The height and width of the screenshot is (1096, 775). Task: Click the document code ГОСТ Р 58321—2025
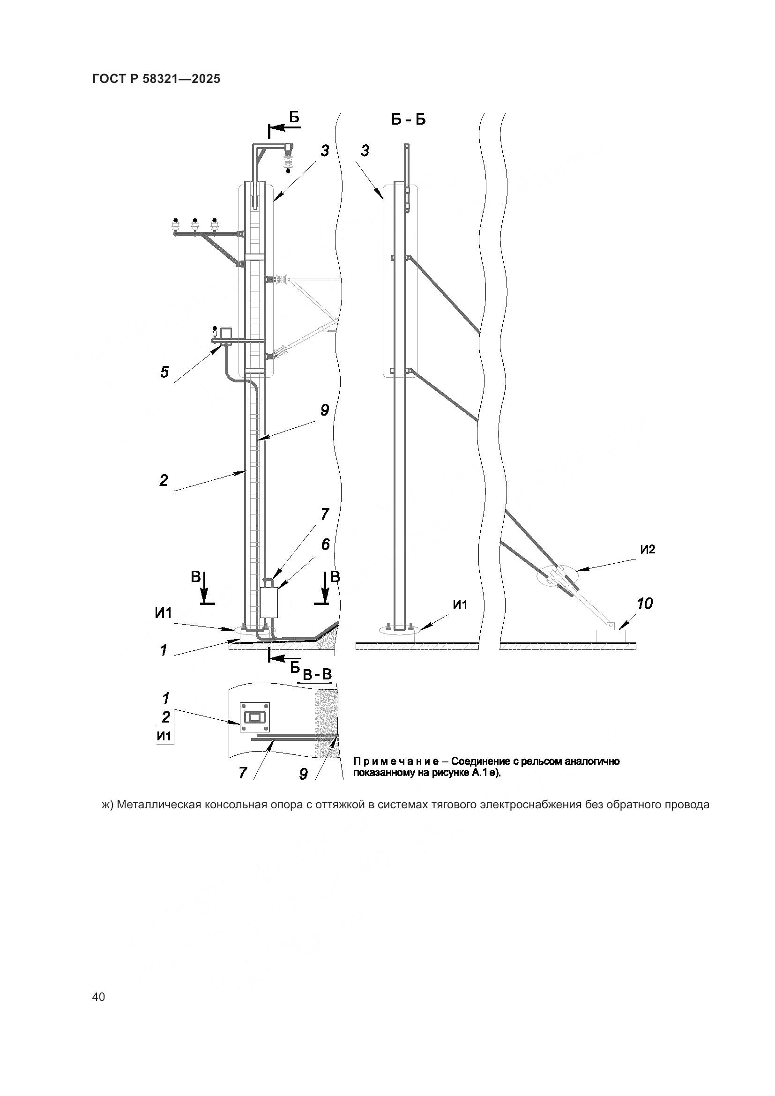click(156, 79)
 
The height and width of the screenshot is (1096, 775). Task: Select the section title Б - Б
click(408, 119)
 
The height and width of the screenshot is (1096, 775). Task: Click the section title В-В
click(317, 674)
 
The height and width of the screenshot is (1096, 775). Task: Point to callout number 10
click(645, 604)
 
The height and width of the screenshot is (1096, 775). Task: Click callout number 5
click(164, 372)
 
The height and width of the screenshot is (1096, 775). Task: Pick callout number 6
click(325, 544)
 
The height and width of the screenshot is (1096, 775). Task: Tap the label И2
click(648, 550)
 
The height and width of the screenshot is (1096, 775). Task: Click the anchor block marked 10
click(611, 635)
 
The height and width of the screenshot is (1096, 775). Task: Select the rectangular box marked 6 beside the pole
click(269, 603)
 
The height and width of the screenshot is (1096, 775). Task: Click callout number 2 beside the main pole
click(164, 480)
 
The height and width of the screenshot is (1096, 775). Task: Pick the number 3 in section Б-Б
click(365, 151)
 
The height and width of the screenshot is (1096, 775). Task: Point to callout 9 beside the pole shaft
click(325, 410)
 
